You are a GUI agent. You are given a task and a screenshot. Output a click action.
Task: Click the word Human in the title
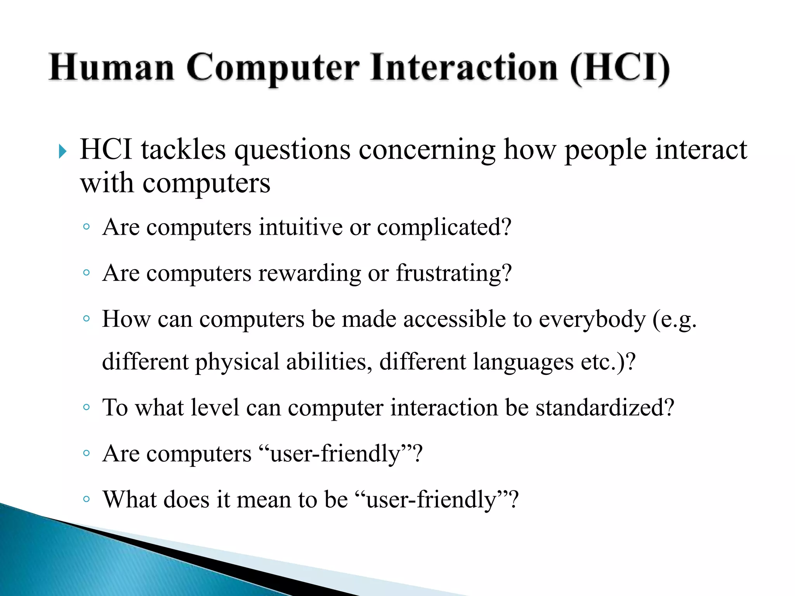click(111, 68)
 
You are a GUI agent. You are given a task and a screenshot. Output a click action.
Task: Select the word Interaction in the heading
click(464, 68)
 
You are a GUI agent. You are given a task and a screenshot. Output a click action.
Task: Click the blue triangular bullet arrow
click(62, 151)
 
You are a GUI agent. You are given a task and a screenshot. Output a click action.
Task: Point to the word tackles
click(183, 150)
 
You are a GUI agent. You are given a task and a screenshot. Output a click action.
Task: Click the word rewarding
click(310, 273)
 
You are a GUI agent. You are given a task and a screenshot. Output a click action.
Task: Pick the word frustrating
click(453, 273)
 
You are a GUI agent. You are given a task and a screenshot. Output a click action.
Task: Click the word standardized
click(604, 407)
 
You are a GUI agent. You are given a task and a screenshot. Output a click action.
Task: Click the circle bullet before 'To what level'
click(87, 407)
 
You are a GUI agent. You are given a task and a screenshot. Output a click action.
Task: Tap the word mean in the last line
click(264, 499)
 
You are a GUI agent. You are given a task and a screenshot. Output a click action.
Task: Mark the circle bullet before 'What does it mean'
click(87, 499)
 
